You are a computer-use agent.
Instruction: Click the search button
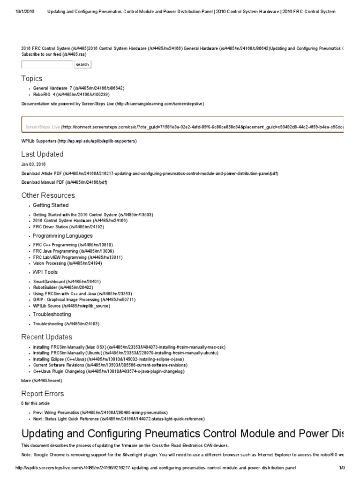[x=82, y=64]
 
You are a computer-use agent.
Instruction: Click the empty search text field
[x=46, y=64]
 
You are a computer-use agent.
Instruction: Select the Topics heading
[x=32, y=78]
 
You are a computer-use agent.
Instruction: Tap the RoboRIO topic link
[x=67, y=94]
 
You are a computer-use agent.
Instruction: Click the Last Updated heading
[x=42, y=154]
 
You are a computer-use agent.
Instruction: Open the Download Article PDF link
[x=150, y=173]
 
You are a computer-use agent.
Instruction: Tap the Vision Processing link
[x=67, y=263]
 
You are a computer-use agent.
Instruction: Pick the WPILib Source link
[x=71, y=306]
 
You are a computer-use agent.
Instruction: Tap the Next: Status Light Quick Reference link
[x=119, y=419]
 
